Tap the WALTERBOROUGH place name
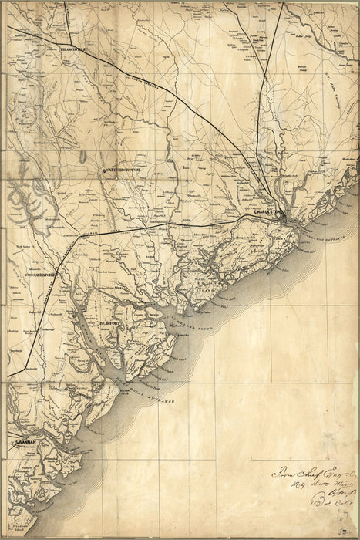coord(119,170)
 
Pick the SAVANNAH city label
coord(26,442)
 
